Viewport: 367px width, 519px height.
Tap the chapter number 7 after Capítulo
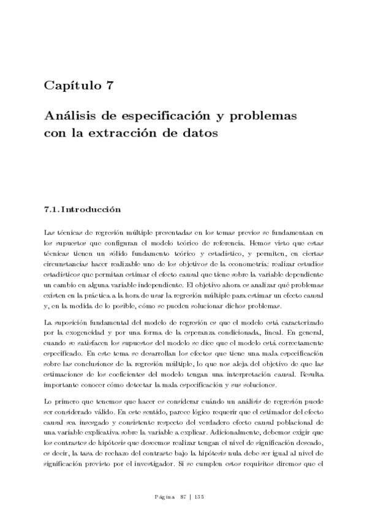109,86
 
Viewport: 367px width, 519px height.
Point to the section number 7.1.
51,209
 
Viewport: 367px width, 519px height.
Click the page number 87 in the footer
183,496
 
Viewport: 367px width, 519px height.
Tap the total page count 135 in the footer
199,496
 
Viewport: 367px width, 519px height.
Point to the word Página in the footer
163,496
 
